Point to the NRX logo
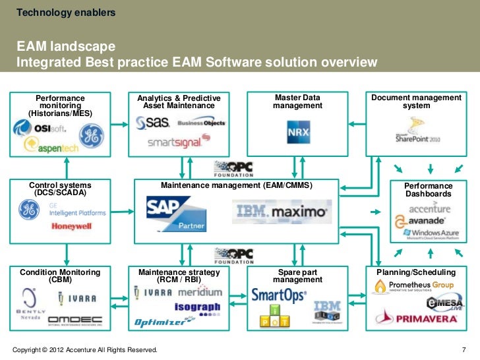[x=298, y=133]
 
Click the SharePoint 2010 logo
[x=418, y=132]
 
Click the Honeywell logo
[x=71, y=227]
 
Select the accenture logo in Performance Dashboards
[x=429, y=209]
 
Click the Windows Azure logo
[x=432, y=234]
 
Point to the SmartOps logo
[x=279, y=295]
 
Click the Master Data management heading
[x=297, y=102]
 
